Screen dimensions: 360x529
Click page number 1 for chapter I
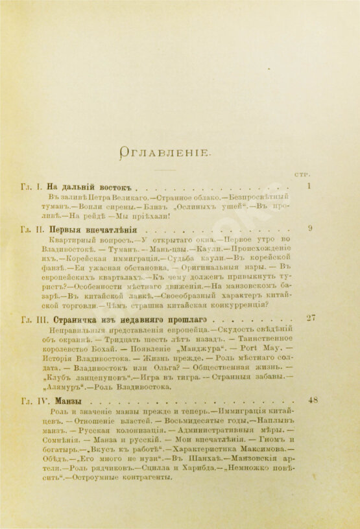point(310,186)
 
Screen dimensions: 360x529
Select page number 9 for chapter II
point(310,228)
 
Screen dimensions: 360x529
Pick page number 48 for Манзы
point(313,400)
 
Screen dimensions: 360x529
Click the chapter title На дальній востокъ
point(93,187)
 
